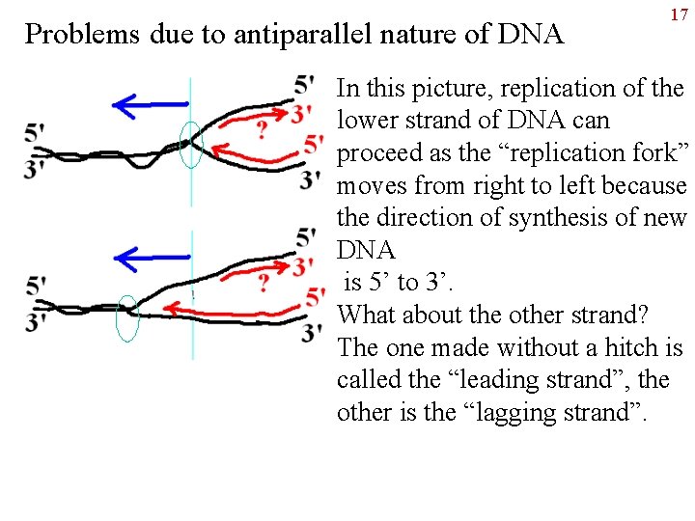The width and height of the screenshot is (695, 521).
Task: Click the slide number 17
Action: [678, 15]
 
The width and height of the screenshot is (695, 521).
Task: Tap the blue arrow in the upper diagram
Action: [149, 102]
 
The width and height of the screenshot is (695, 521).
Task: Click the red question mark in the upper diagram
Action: [262, 130]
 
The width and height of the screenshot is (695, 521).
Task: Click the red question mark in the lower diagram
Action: [264, 284]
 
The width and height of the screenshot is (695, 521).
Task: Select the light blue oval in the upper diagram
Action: [191, 145]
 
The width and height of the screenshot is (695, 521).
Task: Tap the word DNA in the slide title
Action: [530, 35]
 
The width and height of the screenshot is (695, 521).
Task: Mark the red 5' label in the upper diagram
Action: [313, 146]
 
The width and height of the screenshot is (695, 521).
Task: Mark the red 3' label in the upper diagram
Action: [302, 113]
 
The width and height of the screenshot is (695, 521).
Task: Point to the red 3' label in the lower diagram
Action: [302, 265]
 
